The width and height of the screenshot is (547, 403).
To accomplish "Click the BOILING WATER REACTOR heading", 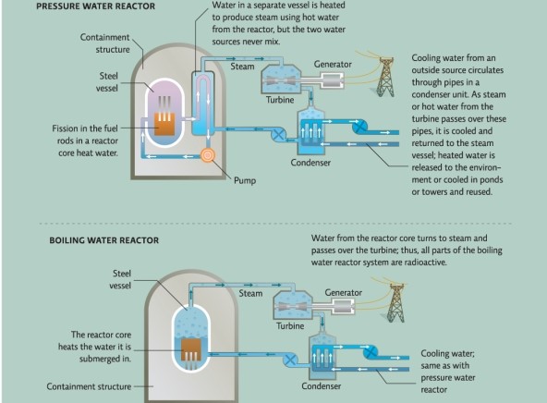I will click(103, 240).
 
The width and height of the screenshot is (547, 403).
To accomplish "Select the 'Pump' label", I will click(245, 179).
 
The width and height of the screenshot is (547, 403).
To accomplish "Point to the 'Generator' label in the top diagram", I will click(332, 63).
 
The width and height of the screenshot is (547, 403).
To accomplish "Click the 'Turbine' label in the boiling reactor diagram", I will click(289, 326).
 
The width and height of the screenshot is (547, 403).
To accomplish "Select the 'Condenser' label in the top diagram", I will click(310, 162).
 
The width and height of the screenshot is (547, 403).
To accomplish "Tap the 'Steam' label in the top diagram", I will click(242, 67).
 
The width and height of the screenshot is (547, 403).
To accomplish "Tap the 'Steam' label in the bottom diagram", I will click(250, 293).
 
